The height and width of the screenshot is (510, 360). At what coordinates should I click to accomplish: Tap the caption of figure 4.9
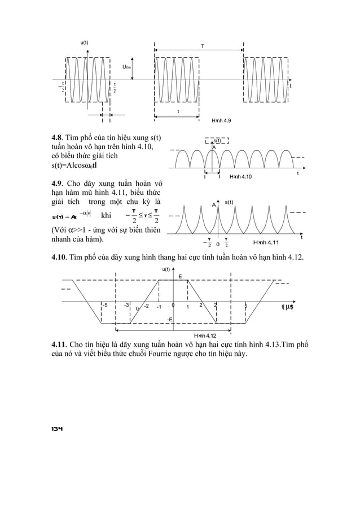pyautogui.click(x=221, y=121)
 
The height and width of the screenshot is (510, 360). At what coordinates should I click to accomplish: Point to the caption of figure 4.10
pyautogui.click(x=240, y=177)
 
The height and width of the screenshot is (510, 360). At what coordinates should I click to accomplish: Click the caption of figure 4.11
pyautogui.click(x=267, y=242)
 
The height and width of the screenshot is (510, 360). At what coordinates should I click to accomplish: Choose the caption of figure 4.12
pyautogui.click(x=204, y=335)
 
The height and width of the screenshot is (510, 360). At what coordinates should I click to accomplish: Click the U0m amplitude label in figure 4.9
pyautogui.click(x=127, y=68)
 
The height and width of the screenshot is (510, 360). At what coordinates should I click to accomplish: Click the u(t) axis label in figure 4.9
pyautogui.click(x=84, y=43)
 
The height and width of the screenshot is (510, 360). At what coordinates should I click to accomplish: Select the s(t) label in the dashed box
pyautogui.click(x=217, y=141)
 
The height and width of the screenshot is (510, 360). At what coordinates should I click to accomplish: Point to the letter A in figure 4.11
pyautogui.click(x=214, y=204)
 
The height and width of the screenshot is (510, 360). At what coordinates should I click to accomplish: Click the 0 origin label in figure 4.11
pyautogui.click(x=218, y=245)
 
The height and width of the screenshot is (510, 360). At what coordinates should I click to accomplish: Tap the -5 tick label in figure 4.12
pyautogui.click(x=106, y=305)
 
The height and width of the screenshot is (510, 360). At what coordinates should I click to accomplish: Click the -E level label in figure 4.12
pyautogui.click(x=170, y=319)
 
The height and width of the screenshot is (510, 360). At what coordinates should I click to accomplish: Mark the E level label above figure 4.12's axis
pyautogui.click(x=180, y=276)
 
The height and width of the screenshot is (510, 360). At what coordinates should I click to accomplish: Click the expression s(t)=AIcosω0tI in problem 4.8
pyautogui.click(x=80, y=169)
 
